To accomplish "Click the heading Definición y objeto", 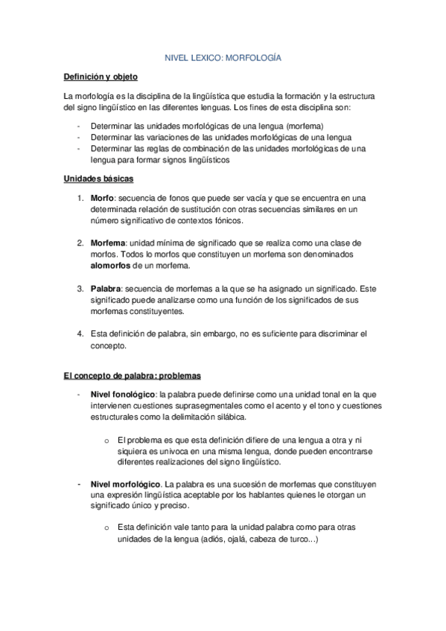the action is pyautogui.click(x=100, y=77).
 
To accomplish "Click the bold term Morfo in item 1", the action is pyautogui.click(x=102, y=198).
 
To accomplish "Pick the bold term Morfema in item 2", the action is pyautogui.click(x=107, y=243).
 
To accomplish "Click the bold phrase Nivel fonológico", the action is pyautogui.click(x=121, y=394).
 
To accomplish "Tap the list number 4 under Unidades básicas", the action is pyautogui.click(x=80, y=333).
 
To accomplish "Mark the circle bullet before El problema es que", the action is pyautogui.click(x=107, y=440).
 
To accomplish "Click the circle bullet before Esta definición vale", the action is pyautogui.click(x=107, y=528).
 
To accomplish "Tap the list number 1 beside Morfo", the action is pyautogui.click(x=80, y=198).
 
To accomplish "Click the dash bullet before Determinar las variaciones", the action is pyautogui.click(x=78, y=138).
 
